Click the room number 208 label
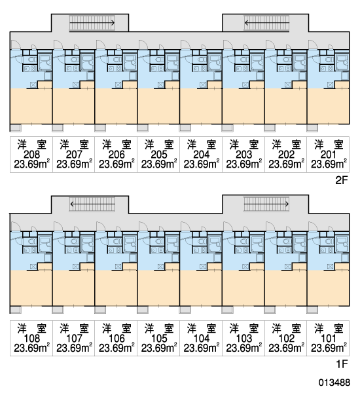[x=31, y=155]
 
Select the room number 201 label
[x=328, y=155]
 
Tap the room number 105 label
[x=159, y=339]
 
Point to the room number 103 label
[x=243, y=339]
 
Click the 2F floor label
[x=342, y=180]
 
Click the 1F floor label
[x=342, y=364]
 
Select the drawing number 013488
[x=334, y=383]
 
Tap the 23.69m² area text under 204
[x=201, y=164]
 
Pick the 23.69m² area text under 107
[x=74, y=348]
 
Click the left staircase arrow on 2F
[x=92, y=23]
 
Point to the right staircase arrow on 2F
[x=266, y=23]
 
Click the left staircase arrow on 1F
[x=92, y=204]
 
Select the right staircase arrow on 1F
[x=266, y=204]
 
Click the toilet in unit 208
[x=31, y=60]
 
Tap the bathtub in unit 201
[x=342, y=62]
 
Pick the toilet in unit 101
[x=329, y=241]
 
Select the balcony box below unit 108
[x=16, y=310]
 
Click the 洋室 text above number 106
[x=117, y=328]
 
